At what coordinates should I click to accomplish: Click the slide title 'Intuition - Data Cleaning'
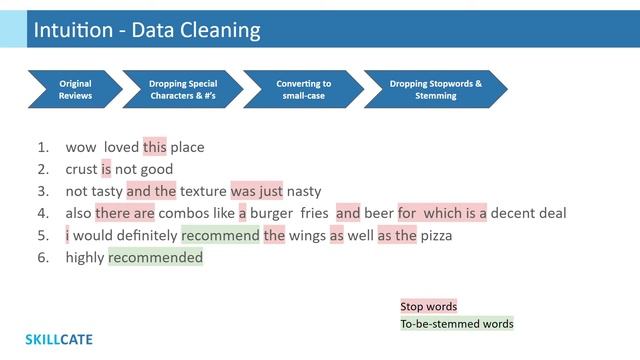coord(147,30)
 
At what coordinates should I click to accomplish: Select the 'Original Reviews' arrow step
coord(75,90)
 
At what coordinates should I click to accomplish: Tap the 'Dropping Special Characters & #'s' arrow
coord(182,90)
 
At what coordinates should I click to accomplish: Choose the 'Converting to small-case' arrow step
coord(303,90)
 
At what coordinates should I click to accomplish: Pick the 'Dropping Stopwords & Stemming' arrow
coord(435,90)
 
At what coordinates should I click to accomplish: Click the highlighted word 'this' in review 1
coord(155,147)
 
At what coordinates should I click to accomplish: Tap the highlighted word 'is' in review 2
coord(106,169)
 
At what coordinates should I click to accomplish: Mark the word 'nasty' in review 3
coord(304,191)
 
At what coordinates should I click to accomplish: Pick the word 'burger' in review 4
coord(272,213)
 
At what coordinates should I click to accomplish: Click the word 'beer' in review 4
coord(378,213)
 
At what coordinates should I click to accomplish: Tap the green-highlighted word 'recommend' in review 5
coord(220,235)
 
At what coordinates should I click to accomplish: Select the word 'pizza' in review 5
coord(436,235)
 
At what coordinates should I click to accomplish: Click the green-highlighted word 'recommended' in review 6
coord(155,257)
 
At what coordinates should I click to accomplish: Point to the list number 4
coord(43,213)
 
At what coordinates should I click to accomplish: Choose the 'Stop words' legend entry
coord(429,306)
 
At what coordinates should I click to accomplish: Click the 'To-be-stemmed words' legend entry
coord(456,323)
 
